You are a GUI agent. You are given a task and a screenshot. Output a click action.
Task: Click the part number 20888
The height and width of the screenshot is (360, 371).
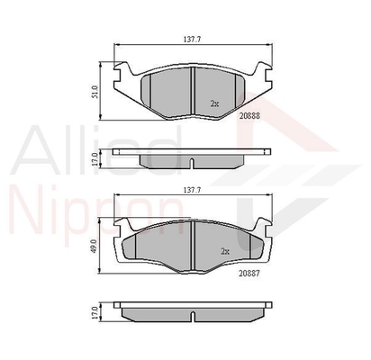(x=249, y=116)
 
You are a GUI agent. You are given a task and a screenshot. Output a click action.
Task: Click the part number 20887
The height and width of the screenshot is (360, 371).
(x=249, y=274)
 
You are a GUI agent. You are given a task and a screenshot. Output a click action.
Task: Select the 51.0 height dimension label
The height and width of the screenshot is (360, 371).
(x=95, y=92)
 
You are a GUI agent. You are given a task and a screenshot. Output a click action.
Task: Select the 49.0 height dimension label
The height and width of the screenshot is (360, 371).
(x=94, y=246)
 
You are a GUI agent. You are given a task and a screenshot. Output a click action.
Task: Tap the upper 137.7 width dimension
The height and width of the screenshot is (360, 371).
(x=192, y=40)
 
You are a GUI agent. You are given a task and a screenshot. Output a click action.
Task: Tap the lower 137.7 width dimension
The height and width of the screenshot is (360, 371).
(x=192, y=190)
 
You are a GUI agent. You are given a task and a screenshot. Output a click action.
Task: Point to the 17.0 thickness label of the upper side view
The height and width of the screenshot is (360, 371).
(x=95, y=159)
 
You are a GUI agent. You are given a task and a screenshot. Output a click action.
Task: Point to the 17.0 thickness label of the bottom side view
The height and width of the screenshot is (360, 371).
(x=95, y=312)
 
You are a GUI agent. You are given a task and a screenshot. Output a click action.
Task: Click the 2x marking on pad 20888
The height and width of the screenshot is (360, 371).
(x=214, y=103)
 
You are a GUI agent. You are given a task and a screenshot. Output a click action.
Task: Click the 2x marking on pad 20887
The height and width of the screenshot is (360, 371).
(x=225, y=251)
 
